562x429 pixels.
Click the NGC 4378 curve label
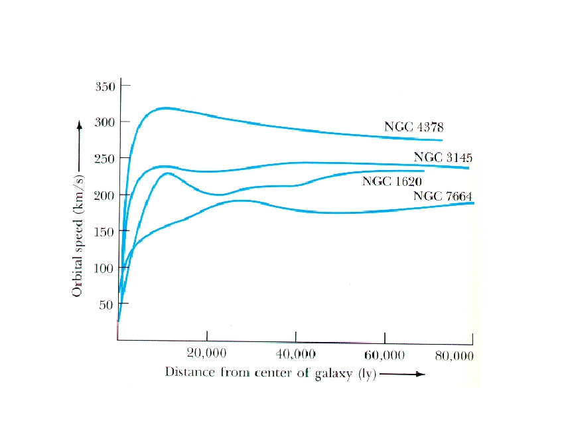(413, 126)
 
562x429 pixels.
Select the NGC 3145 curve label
(443, 157)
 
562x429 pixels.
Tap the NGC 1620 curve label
(392, 181)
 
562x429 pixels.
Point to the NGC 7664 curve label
(443, 195)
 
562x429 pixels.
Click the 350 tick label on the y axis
(105, 86)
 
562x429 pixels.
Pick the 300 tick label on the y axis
(105, 122)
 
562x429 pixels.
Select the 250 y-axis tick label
(105, 159)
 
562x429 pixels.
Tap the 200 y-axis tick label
(105, 195)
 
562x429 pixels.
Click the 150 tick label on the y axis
(105, 232)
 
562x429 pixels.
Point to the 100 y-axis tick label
(105, 268)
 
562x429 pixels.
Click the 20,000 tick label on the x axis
(208, 355)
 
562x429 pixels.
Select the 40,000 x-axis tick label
(295, 355)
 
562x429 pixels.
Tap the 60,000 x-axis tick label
(385, 355)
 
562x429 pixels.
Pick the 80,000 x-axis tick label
(455, 355)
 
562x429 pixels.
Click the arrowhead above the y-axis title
(79, 125)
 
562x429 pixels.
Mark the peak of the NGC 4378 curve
(165, 108)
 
